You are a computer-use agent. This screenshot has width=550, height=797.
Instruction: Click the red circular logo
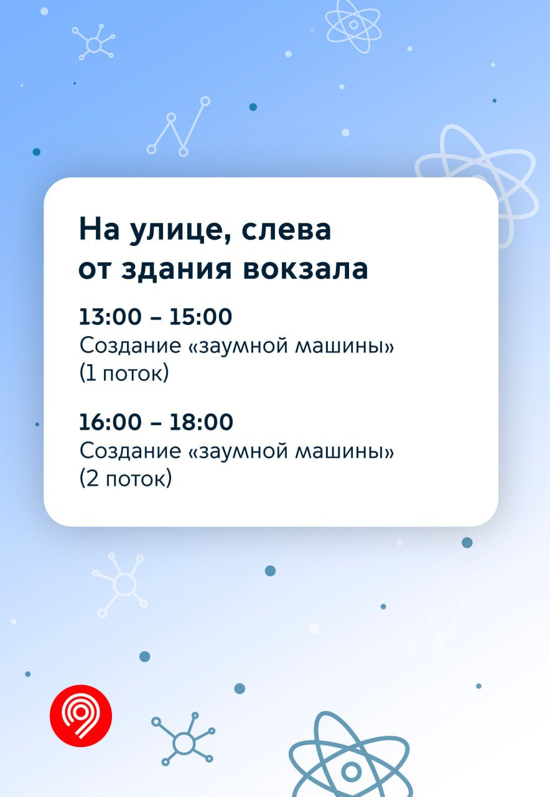tap(81, 716)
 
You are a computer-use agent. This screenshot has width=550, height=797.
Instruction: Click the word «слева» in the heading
tap(286, 230)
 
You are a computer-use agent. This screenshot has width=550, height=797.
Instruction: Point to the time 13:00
tap(110, 316)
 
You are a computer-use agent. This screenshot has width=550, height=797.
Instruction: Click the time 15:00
tap(201, 316)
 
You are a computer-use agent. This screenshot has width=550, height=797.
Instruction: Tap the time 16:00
tap(110, 422)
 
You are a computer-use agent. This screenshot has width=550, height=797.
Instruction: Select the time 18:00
tap(201, 422)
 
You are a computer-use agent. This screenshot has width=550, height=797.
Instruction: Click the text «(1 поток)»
tap(124, 373)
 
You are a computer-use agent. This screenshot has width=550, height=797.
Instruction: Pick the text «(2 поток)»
tap(126, 479)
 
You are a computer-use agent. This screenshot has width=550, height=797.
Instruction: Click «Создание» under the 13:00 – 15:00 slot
tap(130, 346)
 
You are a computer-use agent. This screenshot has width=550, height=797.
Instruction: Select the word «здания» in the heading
tap(176, 270)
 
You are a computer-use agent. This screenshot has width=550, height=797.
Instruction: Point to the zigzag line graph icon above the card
tap(179, 126)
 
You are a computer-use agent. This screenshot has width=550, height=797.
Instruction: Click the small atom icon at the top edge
tap(353, 26)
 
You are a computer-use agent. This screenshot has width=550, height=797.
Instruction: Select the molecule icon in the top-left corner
tap(93, 42)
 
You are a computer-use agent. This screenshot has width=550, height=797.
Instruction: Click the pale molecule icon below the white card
tap(120, 585)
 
